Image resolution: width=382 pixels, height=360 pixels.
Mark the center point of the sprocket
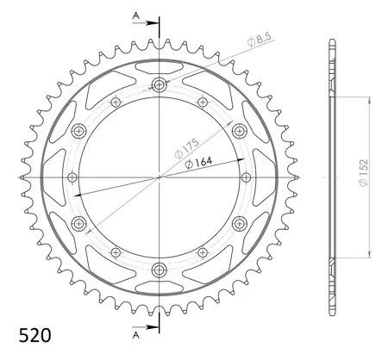pos(160,177)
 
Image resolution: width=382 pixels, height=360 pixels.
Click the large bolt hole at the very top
pos(160,84)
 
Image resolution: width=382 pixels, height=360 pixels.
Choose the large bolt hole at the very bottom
pos(160,270)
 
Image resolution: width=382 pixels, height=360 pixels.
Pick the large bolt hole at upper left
pos(80,131)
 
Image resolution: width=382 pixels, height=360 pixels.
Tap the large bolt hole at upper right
pos(239,131)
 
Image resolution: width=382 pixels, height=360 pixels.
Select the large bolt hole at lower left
pos(80,223)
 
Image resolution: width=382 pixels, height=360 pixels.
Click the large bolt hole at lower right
pos(239,223)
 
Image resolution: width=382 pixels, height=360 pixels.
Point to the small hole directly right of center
pos(243,177)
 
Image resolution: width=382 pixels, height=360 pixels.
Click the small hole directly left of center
pos(76,177)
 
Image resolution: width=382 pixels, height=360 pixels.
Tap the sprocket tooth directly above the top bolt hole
pos(160,44)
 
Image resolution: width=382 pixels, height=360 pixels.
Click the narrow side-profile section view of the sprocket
pos(331,177)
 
